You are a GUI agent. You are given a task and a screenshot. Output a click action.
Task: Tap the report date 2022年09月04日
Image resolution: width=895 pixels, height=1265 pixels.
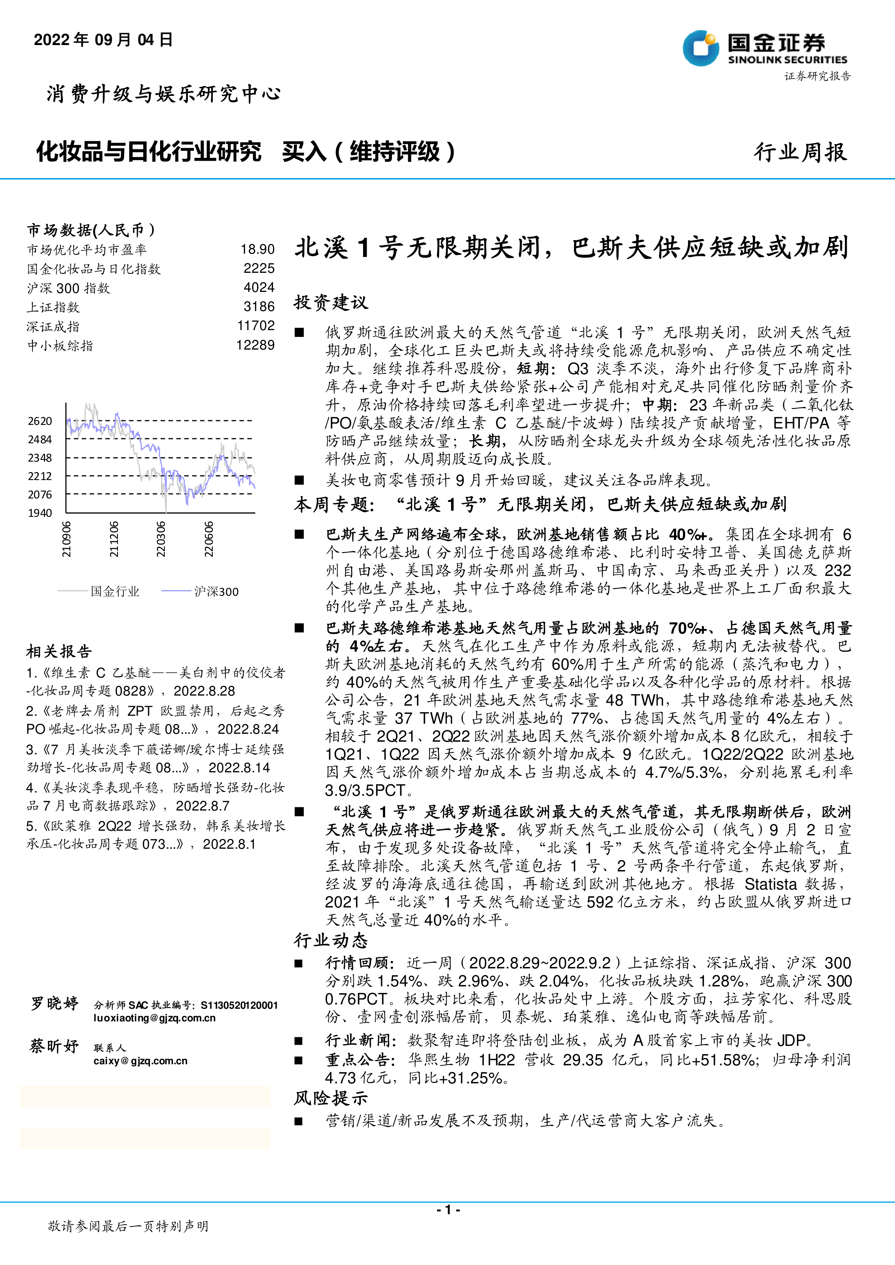coord(103,40)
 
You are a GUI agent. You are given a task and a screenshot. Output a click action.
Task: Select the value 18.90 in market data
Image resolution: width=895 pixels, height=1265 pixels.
coord(257,250)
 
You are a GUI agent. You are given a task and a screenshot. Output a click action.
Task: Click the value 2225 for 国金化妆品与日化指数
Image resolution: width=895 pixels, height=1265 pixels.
coord(259,268)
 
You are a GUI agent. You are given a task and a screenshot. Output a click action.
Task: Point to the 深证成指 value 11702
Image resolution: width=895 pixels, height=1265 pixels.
coord(256,325)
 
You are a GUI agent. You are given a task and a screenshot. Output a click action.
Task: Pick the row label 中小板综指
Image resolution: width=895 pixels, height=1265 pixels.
coord(60,346)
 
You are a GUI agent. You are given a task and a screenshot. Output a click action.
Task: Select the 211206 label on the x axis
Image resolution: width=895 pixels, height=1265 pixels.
coord(114,539)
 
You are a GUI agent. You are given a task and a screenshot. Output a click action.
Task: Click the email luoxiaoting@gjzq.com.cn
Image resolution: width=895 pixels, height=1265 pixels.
coord(154,1018)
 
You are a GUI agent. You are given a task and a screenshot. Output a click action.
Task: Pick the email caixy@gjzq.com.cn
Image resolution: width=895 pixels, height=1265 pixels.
coord(141,1061)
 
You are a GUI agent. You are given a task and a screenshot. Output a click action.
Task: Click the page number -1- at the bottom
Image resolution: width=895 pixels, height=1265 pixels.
coord(448,1209)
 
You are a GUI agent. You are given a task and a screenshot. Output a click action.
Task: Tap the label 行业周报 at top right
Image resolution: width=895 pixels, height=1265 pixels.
coord(800,152)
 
